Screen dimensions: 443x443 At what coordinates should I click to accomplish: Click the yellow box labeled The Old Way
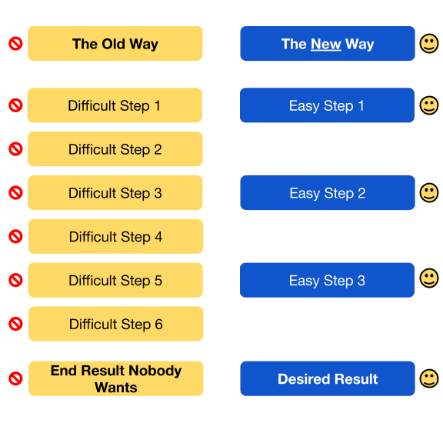click(x=115, y=44)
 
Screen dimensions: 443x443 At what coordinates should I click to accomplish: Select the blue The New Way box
click(x=328, y=44)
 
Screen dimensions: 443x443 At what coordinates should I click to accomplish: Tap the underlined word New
click(x=326, y=44)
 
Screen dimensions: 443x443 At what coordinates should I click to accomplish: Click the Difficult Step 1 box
click(x=115, y=105)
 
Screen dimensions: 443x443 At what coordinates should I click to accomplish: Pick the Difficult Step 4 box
click(x=115, y=236)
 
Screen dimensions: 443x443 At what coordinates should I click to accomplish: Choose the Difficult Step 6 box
click(x=116, y=324)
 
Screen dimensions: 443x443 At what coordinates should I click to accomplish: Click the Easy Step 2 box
click(x=328, y=193)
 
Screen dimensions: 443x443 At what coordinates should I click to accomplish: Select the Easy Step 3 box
click(x=327, y=280)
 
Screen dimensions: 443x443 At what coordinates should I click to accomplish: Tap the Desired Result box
click(x=328, y=378)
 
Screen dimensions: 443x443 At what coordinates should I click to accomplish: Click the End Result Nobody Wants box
click(x=116, y=378)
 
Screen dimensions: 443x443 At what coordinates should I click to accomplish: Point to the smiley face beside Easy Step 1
click(x=429, y=105)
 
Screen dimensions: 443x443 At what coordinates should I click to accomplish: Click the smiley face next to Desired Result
click(x=429, y=378)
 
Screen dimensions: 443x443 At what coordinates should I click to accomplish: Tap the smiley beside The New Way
click(x=429, y=44)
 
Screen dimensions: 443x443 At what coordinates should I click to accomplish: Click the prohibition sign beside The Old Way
click(x=15, y=44)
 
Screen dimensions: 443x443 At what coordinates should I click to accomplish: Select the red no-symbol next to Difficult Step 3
click(x=15, y=193)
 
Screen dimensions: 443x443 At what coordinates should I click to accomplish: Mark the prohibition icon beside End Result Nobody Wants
click(x=15, y=378)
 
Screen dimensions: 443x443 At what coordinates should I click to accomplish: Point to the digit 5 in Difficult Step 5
click(x=158, y=281)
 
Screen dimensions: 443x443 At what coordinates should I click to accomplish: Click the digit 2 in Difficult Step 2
click(x=158, y=149)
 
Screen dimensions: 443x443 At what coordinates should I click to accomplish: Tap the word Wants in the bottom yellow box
click(x=116, y=388)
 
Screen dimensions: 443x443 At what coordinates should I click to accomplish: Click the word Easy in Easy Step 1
click(x=304, y=106)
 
